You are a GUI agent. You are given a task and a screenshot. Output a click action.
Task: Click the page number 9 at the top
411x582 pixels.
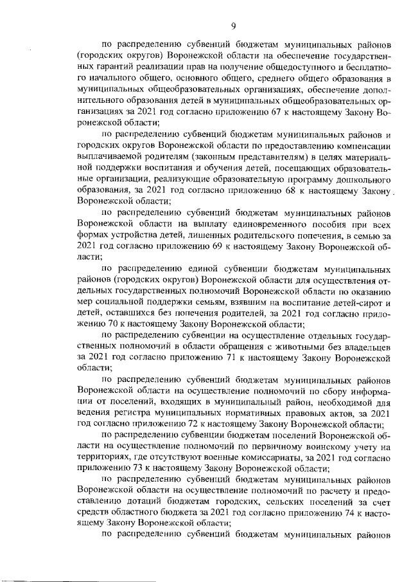click(234, 26)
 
